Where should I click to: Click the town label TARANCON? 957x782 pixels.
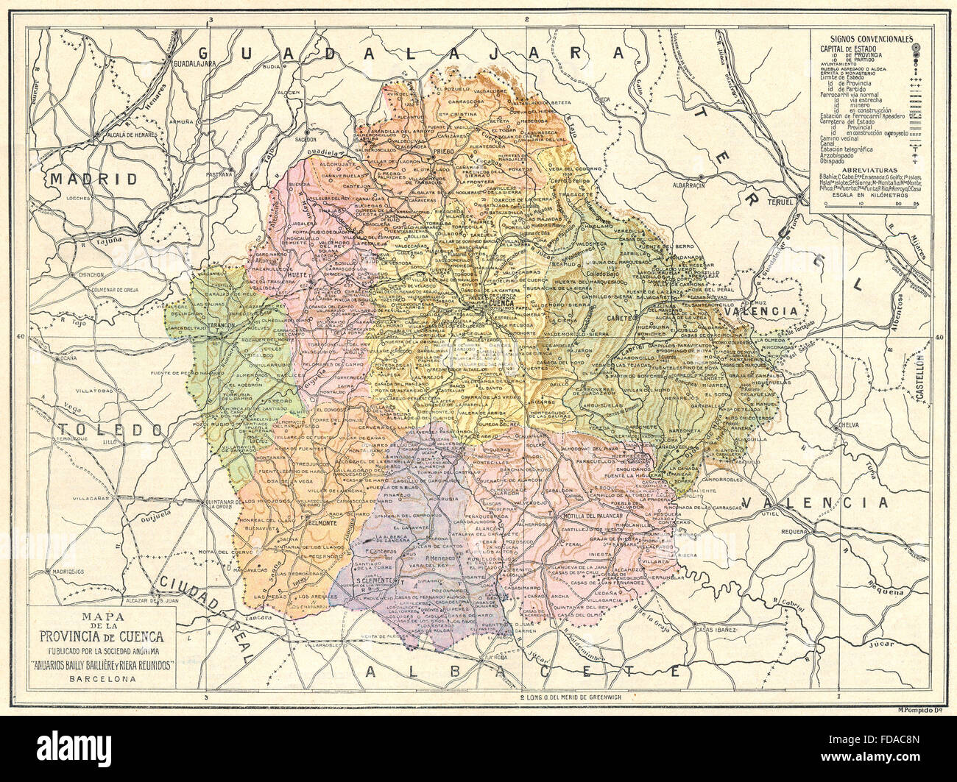221,324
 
